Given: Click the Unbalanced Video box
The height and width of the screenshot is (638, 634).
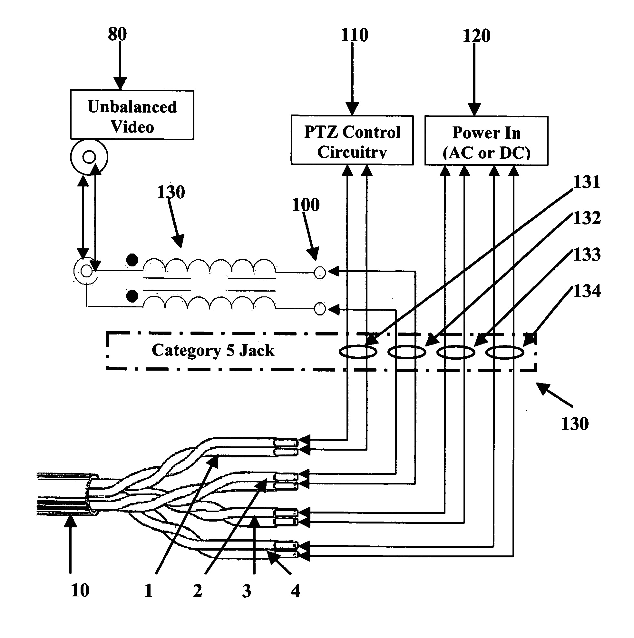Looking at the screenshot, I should [x=132, y=115].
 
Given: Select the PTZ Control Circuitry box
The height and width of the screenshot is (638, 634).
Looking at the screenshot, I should [x=352, y=140].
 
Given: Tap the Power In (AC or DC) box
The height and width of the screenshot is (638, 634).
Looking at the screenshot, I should [x=486, y=141].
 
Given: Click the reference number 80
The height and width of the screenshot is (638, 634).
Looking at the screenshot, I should [x=117, y=34].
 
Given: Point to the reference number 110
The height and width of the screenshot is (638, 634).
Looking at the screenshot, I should [x=354, y=35].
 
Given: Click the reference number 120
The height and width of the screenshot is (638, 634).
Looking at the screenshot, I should [x=476, y=36].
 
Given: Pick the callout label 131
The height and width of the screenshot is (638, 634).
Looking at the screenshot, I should [x=587, y=182].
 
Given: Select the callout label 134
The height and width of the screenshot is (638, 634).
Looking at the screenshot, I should [x=587, y=291].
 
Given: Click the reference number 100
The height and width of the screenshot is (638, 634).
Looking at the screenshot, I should [x=306, y=205].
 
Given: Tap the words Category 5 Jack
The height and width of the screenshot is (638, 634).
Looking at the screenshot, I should [x=213, y=350].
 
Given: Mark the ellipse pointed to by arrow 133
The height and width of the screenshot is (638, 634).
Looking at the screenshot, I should [x=456, y=352].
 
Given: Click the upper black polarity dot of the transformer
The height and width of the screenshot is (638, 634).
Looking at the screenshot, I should [x=132, y=260].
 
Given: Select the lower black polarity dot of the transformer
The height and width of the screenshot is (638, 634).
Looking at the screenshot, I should [x=132, y=296].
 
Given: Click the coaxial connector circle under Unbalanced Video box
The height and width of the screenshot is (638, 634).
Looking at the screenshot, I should [x=89, y=157].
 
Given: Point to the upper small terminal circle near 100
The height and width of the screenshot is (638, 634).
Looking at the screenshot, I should [x=319, y=273].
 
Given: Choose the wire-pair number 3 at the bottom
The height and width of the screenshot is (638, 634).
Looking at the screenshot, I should [x=246, y=591].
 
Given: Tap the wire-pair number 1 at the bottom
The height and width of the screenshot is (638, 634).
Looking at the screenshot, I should [x=149, y=591].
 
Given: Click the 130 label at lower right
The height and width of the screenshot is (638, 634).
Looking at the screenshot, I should [x=575, y=424].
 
